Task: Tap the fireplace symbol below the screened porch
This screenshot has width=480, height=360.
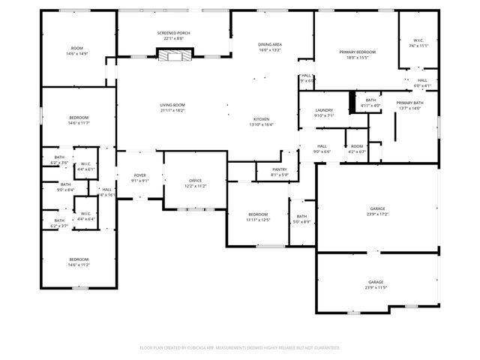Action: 174,54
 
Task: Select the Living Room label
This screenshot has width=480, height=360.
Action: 172,107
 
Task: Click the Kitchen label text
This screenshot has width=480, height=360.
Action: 261,122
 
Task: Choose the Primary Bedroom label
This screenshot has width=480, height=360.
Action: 357,54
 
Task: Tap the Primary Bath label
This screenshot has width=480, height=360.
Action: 409,105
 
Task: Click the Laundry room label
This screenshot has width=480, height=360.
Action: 324,112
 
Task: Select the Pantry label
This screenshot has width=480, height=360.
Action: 279,172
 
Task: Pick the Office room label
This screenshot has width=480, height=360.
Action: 195,182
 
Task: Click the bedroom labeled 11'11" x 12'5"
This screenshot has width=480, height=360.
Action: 257,217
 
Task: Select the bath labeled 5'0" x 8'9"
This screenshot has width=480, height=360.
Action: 301,219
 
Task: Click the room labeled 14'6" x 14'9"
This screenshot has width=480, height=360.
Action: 77,51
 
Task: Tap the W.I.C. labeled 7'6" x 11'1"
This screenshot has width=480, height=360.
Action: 418,43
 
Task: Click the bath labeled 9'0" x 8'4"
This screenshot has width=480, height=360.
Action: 65,187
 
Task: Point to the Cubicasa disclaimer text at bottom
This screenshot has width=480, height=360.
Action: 240,347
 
